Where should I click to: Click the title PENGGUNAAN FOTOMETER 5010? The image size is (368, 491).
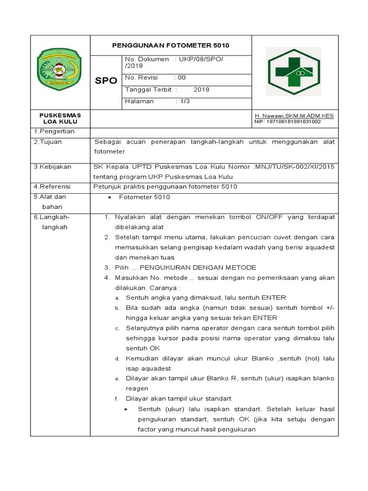pyautogui.click(x=171, y=46)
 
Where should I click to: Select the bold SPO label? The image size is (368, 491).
pyautogui.click(x=106, y=81)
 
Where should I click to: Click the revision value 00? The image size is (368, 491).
pyautogui.click(x=182, y=77)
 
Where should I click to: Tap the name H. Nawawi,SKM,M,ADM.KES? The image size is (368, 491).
pyautogui.click(x=294, y=116)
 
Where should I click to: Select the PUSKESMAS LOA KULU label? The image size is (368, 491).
pyautogui.click(x=60, y=118)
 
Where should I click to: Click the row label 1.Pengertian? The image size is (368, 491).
pyautogui.click(x=54, y=131)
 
